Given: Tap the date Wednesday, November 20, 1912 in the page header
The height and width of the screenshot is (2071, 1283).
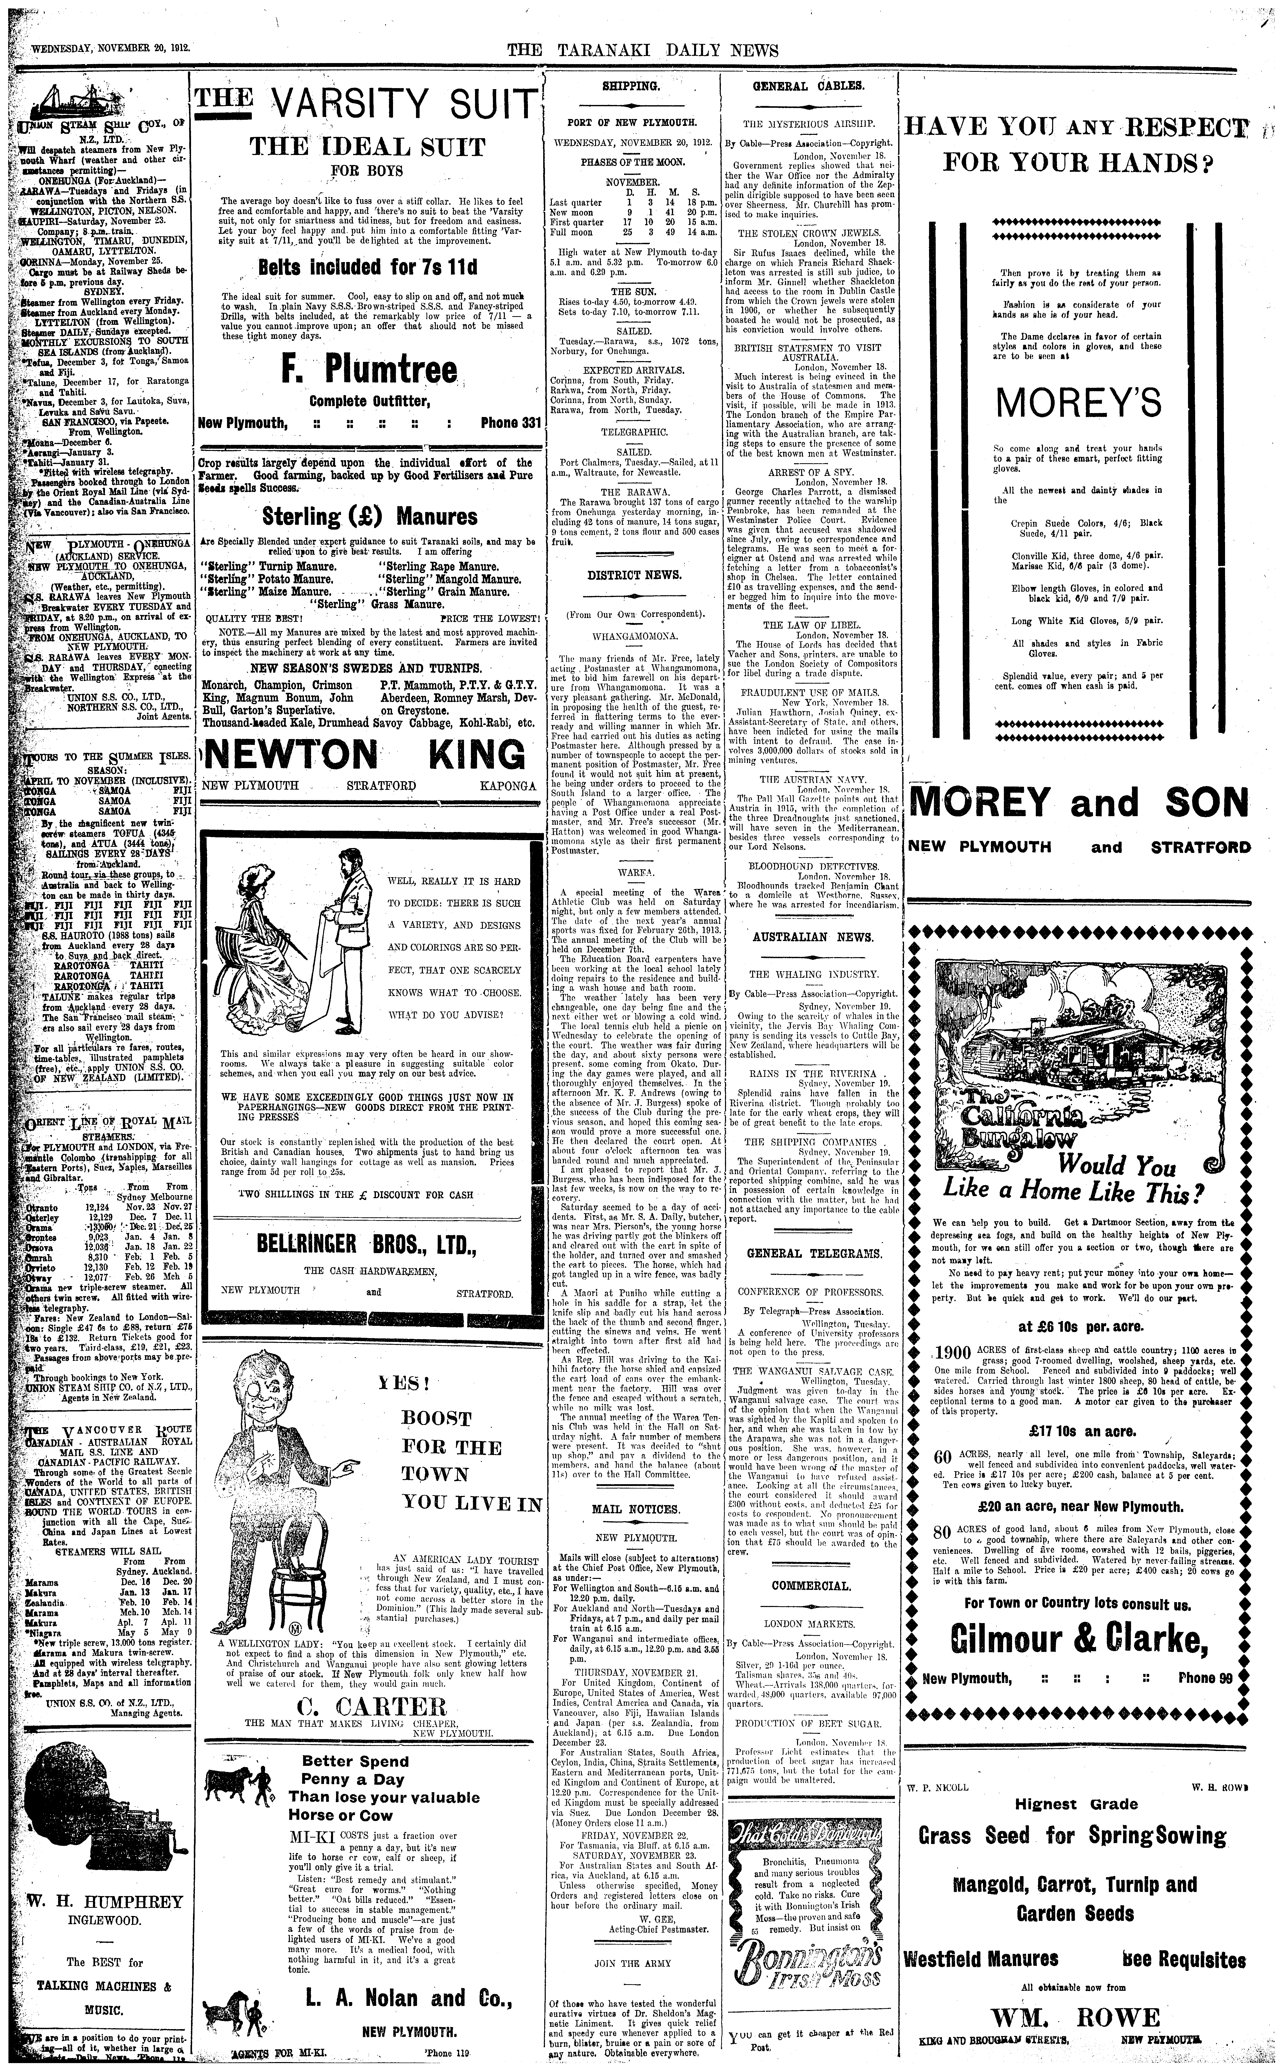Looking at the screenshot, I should [110, 49].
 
